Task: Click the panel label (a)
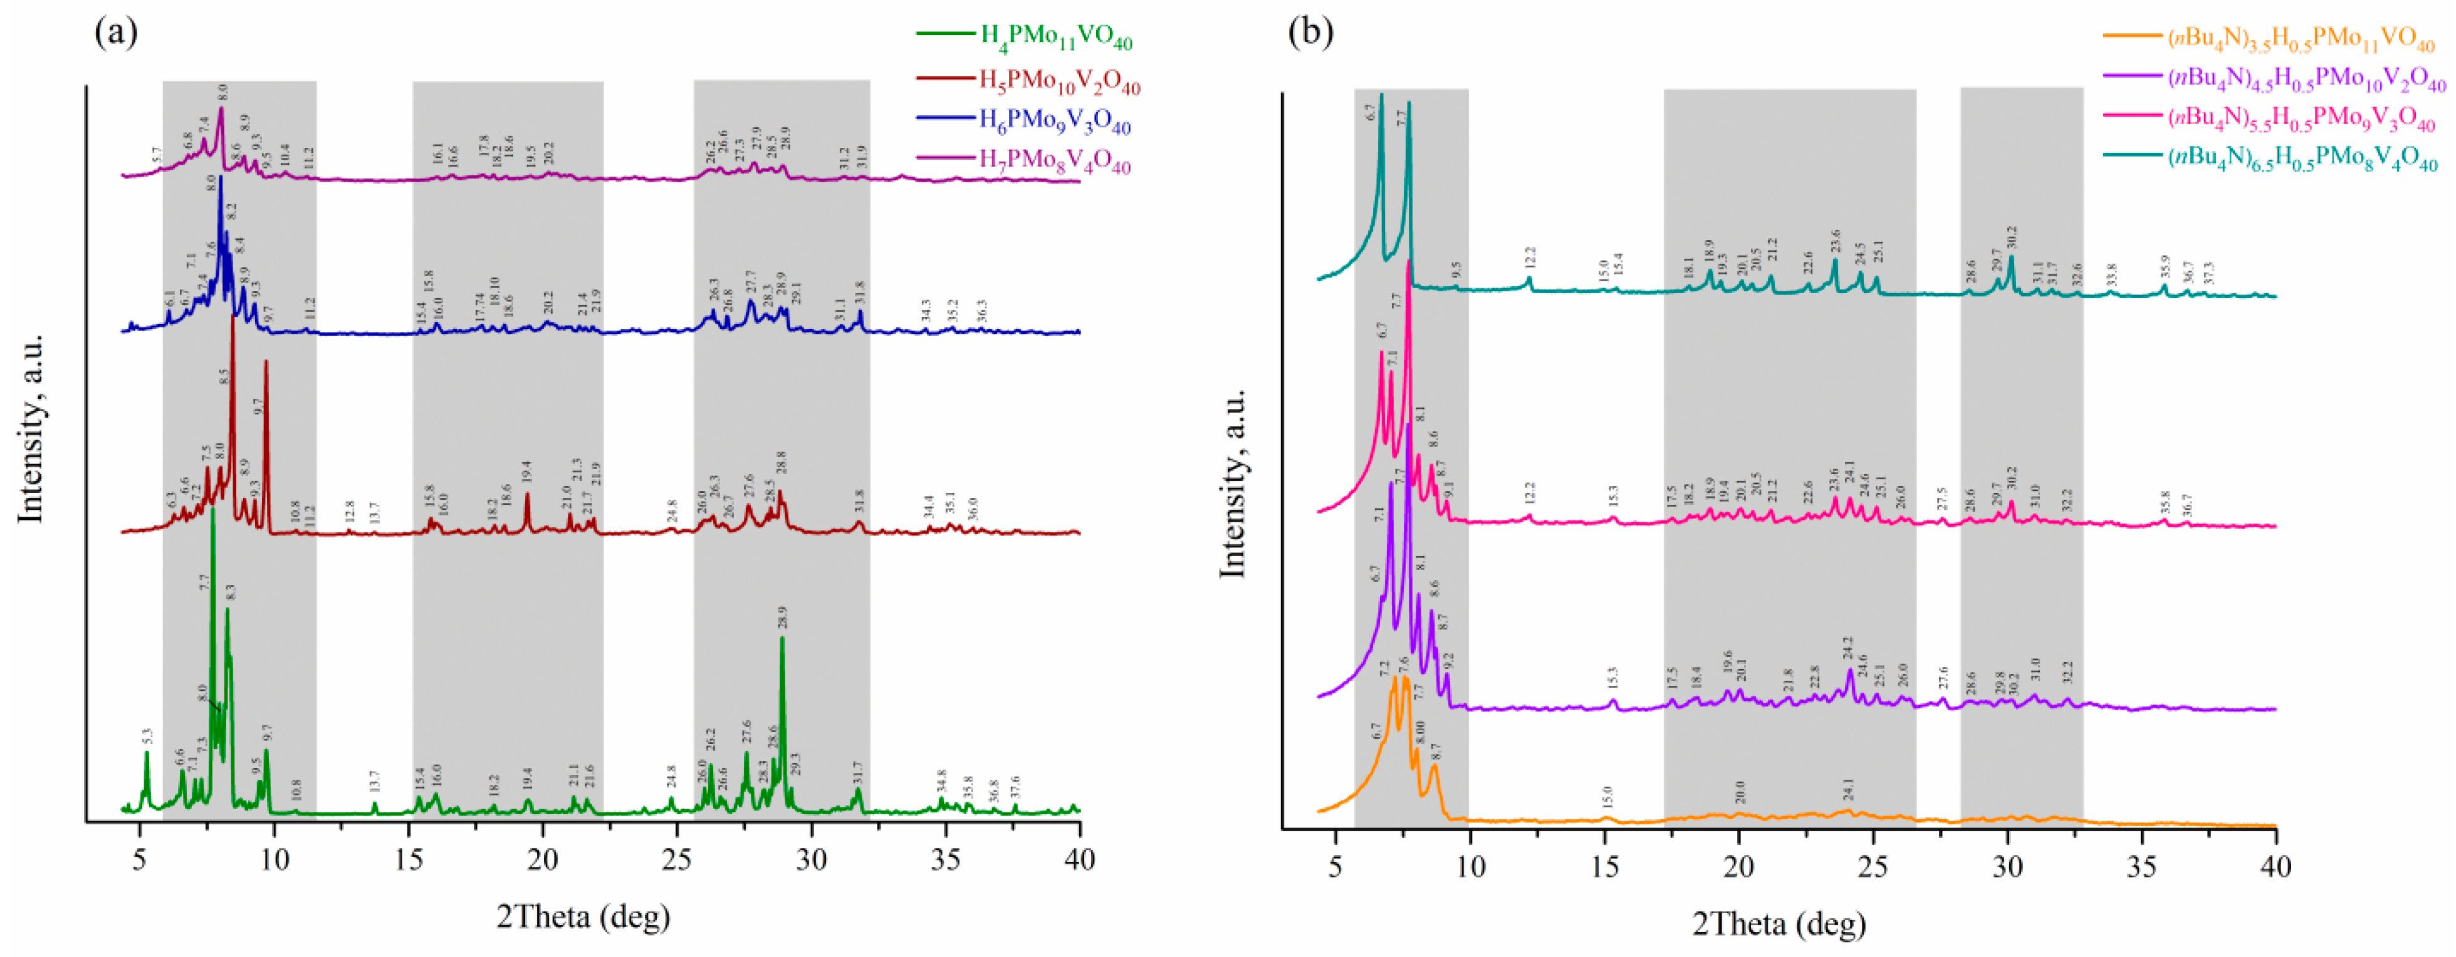(x=117, y=33)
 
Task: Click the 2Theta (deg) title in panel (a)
(x=583, y=916)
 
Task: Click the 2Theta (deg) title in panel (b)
(x=1779, y=923)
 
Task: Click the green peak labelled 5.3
(x=147, y=753)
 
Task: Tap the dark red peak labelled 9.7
(x=266, y=362)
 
